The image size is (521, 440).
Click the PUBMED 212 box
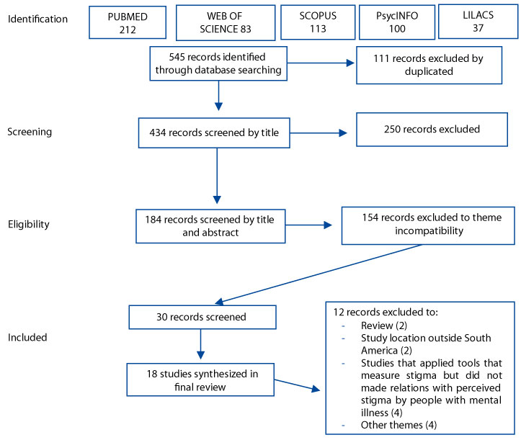pyautogui.click(x=128, y=22)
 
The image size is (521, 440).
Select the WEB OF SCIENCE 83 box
pyautogui.click(x=226, y=22)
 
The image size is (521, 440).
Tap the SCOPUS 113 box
pyautogui.click(x=318, y=22)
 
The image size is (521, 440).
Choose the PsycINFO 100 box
pyautogui.click(x=397, y=22)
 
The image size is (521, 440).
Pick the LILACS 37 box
pyautogui.click(x=478, y=22)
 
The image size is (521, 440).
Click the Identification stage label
pyautogui.click(x=37, y=19)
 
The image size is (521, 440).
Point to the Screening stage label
pyautogui.click(x=30, y=132)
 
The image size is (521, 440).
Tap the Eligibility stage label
pyautogui.click(x=29, y=224)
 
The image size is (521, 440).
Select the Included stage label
pyautogui.click(x=27, y=338)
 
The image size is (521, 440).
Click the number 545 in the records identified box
pyautogui.click(x=177, y=57)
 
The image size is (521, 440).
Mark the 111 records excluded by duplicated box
pyautogui.click(x=429, y=65)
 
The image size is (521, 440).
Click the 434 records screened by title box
pyautogui.click(x=214, y=133)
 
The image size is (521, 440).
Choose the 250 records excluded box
pyautogui.click(x=432, y=130)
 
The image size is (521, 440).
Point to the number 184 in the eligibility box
pyautogui.click(x=153, y=220)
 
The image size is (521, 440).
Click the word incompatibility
pyautogui.click(x=429, y=230)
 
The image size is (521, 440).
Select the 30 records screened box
pyautogui.click(x=202, y=317)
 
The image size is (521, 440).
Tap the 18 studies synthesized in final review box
pyautogui.click(x=200, y=380)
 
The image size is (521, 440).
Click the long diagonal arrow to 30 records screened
pyautogui.click(x=319, y=274)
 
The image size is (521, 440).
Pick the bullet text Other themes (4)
pyautogui.click(x=398, y=425)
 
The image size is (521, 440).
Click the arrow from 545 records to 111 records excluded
pyautogui.click(x=321, y=63)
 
